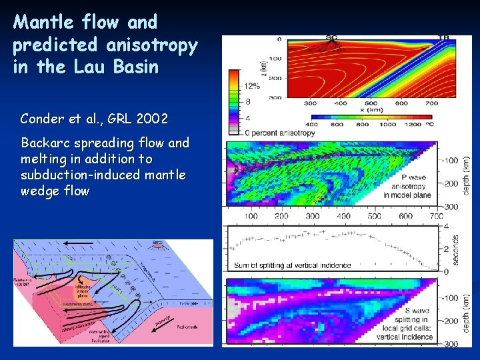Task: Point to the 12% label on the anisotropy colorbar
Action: tap(252, 86)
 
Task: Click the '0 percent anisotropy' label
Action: tap(283, 133)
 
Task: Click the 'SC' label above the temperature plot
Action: tap(331, 37)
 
